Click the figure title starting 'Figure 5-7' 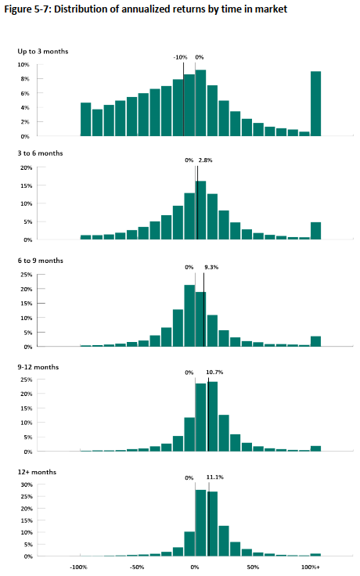(146, 9)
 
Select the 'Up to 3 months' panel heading (43, 52)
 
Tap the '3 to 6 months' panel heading (41, 153)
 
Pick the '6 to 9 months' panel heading (41, 261)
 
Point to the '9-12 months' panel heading (38, 367)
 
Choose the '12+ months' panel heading (37, 472)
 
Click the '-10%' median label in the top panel (180, 57)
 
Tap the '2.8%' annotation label (205, 160)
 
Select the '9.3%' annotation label (211, 267)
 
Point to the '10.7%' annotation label (214, 372)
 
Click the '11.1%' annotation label (215, 477)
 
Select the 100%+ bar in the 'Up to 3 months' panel (315, 103)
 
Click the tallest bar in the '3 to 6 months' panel (200, 210)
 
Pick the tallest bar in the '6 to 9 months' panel (189, 315)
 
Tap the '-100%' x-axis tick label (78, 567)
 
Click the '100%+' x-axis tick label (311, 567)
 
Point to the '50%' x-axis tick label (253, 567)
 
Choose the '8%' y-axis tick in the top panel (25, 79)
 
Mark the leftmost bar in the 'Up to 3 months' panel (85, 120)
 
